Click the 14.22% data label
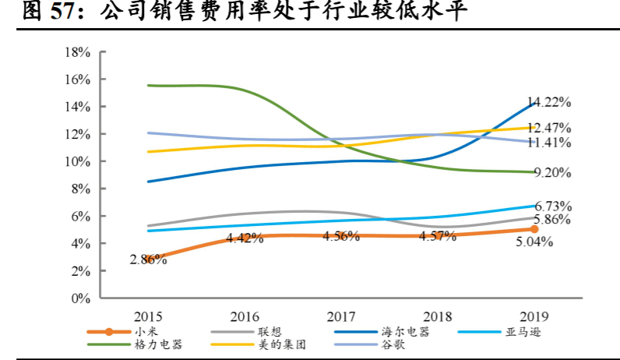click(x=550, y=102)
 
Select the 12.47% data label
click(x=550, y=128)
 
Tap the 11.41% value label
click(x=550, y=143)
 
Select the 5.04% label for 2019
click(x=533, y=242)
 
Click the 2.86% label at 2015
click(x=148, y=259)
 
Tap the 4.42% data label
click(x=245, y=238)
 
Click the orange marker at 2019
click(x=534, y=229)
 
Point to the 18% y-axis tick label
click(x=78, y=52)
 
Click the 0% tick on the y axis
click(x=81, y=298)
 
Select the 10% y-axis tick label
click(x=78, y=161)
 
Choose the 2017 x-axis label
click(x=340, y=317)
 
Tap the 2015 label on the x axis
click(x=148, y=317)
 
